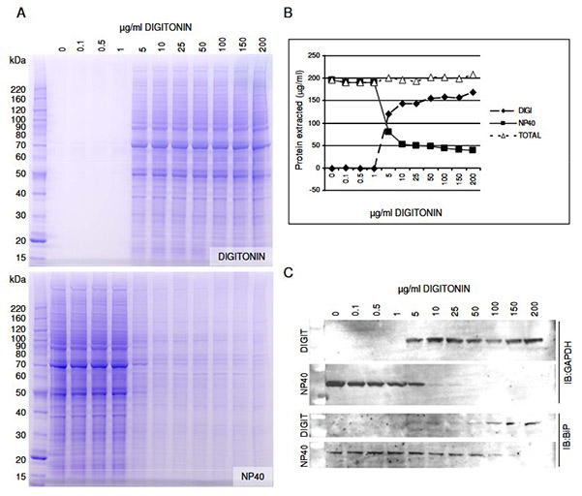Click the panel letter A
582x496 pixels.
pyautogui.click(x=12, y=14)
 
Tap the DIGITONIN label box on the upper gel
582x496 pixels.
pyautogui.click(x=242, y=255)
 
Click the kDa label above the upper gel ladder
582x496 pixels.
pyautogui.click(x=18, y=60)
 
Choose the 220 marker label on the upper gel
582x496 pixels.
pyautogui.click(x=18, y=87)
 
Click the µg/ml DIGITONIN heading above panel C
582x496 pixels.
pyautogui.click(x=435, y=289)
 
